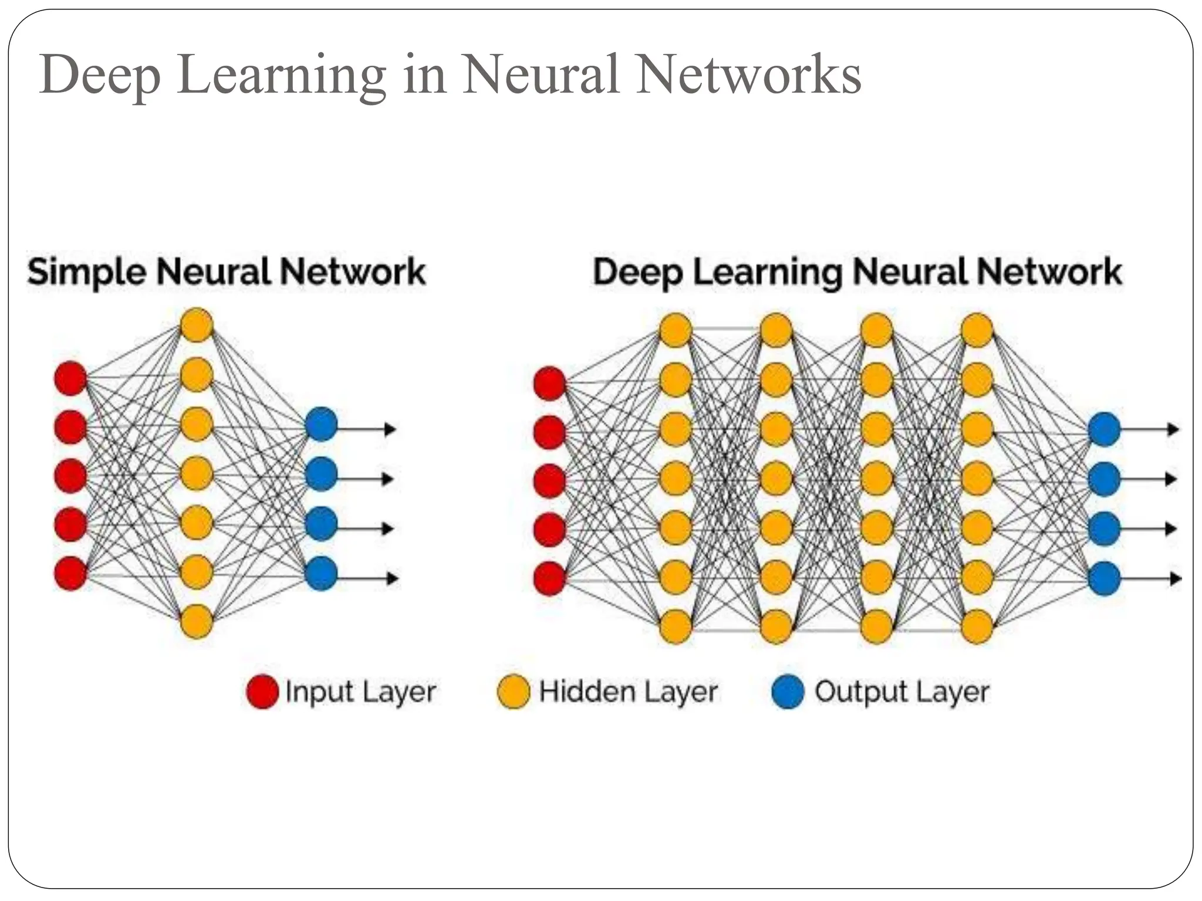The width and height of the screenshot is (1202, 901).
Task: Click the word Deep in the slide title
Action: click(x=100, y=76)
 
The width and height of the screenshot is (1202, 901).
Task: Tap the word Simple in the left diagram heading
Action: click(x=86, y=273)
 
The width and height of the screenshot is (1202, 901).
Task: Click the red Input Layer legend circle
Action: click(x=262, y=692)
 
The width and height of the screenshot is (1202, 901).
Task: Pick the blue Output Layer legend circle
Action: click(x=787, y=692)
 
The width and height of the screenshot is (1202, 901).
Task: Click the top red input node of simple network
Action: click(x=70, y=378)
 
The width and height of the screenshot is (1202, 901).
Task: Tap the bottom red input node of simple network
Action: click(x=70, y=573)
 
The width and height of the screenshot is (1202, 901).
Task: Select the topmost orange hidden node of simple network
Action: click(x=196, y=325)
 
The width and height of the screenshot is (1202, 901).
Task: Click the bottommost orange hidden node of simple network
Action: click(x=196, y=622)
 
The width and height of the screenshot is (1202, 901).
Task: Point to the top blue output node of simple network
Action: click(x=321, y=424)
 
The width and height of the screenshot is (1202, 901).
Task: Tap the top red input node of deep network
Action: click(x=549, y=384)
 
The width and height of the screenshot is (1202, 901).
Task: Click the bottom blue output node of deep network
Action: click(x=1104, y=578)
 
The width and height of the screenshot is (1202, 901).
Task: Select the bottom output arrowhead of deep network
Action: click(x=1174, y=579)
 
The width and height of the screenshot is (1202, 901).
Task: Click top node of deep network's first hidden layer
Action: click(x=676, y=330)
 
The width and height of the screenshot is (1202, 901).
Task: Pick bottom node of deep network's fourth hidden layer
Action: click(x=977, y=626)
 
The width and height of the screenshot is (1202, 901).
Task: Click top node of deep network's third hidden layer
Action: click(x=876, y=330)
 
